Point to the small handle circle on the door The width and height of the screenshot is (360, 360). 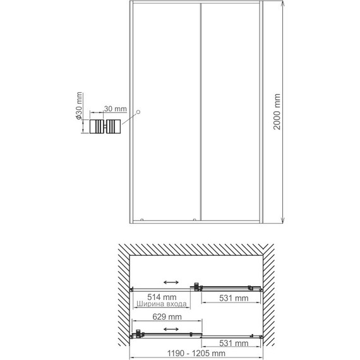(x=140, y=112)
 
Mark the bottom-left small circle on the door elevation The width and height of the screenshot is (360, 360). (x=143, y=220)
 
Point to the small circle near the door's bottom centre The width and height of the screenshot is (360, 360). (x=194, y=220)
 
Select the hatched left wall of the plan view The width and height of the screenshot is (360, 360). (x=120, y=297)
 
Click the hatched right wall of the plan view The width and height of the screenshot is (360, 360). (x=272, y=297)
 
